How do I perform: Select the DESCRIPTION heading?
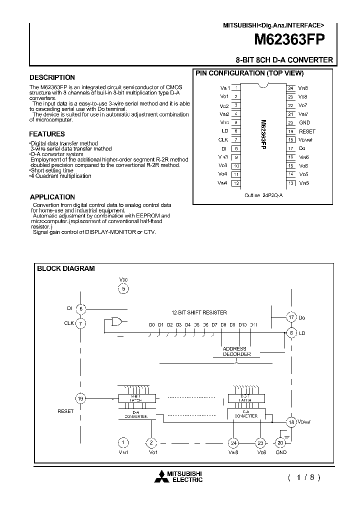(x=52, y=77)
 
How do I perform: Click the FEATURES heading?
(x=46, y=134)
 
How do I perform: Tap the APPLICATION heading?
(x=52, y=197)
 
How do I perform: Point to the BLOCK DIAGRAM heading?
(x=66, y=268)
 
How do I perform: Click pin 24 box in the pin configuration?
(x=290, y=87)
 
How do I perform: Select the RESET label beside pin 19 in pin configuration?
(x=306, y=131)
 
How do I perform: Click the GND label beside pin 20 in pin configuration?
(x=304, y=122)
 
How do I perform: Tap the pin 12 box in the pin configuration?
(x=235, y=183)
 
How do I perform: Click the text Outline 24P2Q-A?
(x=263, y=195)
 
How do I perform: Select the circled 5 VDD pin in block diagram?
(x=123, y=288)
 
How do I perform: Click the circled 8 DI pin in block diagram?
(x=80, y=309)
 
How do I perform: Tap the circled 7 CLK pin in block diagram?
(x=80, y=323)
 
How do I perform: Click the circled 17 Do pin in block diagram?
(x=291, y=317)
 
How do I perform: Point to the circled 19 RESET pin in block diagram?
(x=80, y=398)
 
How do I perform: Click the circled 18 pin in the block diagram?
(x=291, y=422)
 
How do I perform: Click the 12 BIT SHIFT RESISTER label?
(x=199, y=312)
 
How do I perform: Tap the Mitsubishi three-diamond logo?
(x=163, y=477)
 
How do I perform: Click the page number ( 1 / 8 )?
(x=303, y=477)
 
